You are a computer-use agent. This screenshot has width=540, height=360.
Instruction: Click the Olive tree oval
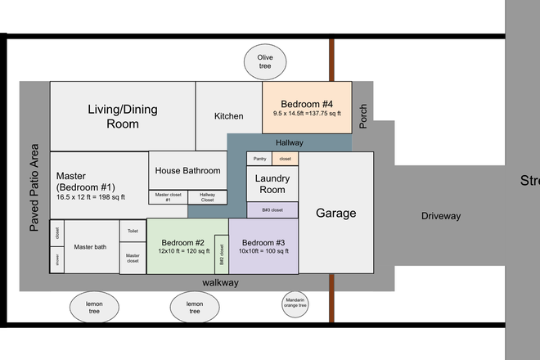[x=264, y=61]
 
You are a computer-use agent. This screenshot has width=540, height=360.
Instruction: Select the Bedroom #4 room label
[x=307, y=104]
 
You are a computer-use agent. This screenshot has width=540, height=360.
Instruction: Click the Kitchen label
[x=228, y=116]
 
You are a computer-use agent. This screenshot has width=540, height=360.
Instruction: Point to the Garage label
[x=335, y=213]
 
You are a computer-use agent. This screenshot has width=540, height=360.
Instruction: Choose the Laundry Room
[x=272, y=183]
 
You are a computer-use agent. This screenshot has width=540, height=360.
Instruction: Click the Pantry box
[x=260, y=159]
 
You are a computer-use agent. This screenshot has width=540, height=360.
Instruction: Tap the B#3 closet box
[x=272, y=210]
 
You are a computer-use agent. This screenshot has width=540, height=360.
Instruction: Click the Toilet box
[x=133, y=232]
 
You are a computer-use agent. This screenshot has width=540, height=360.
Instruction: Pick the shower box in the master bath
[x=57, y=260]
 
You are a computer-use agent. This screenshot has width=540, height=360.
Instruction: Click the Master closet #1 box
[x=168, y=197]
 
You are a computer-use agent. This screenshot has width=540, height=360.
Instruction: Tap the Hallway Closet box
[x=208, y=197]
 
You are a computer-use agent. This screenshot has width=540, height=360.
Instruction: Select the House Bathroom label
[x=188, y=171]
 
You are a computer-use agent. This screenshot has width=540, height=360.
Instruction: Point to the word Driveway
[x=441, y=217]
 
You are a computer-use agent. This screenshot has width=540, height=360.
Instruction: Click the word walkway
[x=220, y=282]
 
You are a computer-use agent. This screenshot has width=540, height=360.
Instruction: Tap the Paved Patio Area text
[x=34, y=187]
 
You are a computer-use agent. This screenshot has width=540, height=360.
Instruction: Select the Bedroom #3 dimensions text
[x=263, y=252]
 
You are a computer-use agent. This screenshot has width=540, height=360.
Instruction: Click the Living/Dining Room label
[x=122, y=116]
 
